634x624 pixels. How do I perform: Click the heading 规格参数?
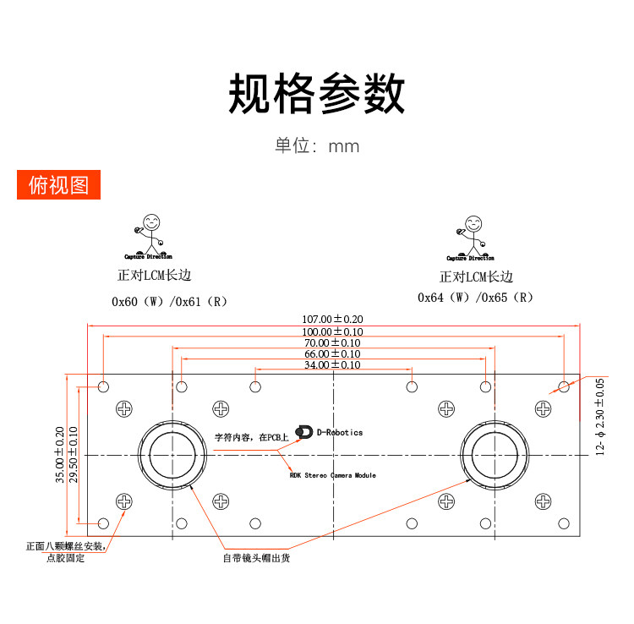click(x=317, y=94)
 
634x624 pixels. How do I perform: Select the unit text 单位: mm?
click(x=317, y=145)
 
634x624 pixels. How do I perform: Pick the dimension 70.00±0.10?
click(x=332, y=342)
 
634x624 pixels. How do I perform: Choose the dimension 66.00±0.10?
click(x=332, y=353)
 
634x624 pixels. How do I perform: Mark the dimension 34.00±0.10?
click(x=332, y=364)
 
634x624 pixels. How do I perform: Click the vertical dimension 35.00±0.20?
click(x=60, y=454)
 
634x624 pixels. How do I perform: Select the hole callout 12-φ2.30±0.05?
click(x=600, y=416)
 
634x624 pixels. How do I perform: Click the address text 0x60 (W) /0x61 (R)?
click(x=169, y=300)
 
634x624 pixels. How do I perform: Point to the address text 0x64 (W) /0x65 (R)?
click(x=475, y=298)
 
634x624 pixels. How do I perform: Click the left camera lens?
click(x=173, y=455)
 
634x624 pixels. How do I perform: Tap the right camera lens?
click(x=495, y=455)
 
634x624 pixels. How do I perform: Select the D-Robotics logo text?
click(x=338, y=432)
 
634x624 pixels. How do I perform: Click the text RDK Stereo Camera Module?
click(x=332, y=475)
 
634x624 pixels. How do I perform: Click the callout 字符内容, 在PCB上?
click(x=251, y=438)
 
